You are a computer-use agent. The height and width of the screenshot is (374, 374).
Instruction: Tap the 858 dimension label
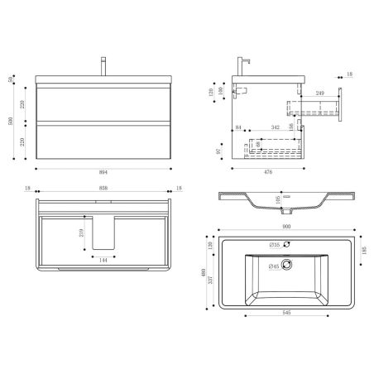click(x=103, y=189)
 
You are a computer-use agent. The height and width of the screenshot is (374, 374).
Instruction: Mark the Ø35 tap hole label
click(x=274, y=245)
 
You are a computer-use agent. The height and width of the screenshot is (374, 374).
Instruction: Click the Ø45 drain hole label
click(x=274, y=265)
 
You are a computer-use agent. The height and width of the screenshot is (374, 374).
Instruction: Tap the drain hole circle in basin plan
click(x=289, y=265)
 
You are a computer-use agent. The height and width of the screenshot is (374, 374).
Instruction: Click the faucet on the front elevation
click(x=103, y=65)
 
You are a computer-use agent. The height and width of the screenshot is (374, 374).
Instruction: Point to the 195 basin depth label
click(x=280, y=199)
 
